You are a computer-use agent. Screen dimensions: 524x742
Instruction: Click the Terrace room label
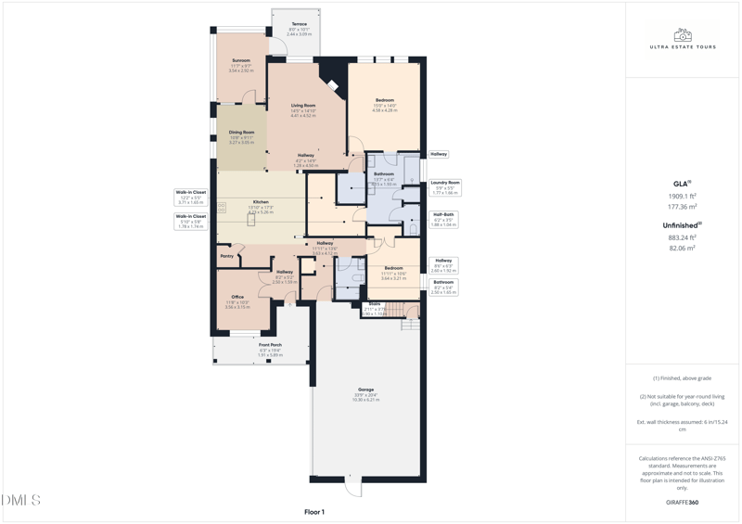coord(299,24)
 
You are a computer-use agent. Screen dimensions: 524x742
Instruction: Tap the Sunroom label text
coord(241,61)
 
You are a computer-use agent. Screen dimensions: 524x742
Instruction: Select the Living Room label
coord(303,106)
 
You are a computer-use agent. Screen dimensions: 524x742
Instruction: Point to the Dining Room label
coord(241,133)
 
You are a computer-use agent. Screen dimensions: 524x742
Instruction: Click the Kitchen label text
coord(261,202)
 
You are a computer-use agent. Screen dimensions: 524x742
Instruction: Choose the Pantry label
coord(226,256)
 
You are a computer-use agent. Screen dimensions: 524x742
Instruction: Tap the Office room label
coord(237,298)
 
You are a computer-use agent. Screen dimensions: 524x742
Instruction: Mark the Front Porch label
coord(270,345)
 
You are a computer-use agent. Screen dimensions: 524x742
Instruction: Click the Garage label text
coord(366,390)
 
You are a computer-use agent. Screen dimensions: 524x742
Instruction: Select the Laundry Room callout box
coord(445,187)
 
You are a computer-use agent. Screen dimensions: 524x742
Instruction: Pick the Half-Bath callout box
coord(444,219)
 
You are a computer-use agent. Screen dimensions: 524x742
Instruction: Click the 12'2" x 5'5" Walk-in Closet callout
coord(191,197)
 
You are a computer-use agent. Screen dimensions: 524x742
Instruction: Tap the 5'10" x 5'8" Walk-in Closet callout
coord(191,221)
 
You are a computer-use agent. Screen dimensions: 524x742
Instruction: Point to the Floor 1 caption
coord(314,512)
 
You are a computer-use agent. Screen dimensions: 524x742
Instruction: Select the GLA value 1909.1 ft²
coord(683,197)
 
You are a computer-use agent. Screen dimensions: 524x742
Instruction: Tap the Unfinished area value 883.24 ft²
coord(683,237)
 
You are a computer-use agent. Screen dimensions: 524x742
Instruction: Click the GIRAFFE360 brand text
coord(682,503)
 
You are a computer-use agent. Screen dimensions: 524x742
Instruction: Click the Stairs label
coord(375,304)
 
